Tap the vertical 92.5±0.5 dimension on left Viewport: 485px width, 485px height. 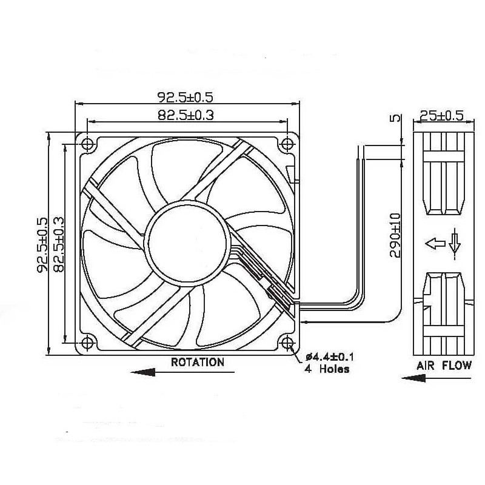(x=42, y=244)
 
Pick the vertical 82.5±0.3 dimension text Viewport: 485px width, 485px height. (x=58, y=244)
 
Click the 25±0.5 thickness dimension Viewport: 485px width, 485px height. (x=443, y=115)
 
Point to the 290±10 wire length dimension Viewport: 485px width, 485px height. (x=395, y=235)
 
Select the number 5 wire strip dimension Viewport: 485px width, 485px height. (x=395, y=118)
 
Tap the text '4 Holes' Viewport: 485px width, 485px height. (x=327, y=368)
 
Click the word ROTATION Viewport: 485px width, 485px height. (x=198, y=363)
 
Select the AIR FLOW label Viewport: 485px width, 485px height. (x=443, y=366)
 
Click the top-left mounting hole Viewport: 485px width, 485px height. (x=87, y=144)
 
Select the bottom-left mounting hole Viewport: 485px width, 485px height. (x=87, y=343)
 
